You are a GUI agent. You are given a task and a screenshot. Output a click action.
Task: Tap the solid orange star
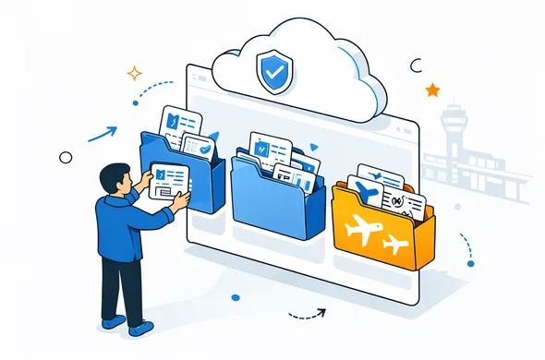tap(431, 90)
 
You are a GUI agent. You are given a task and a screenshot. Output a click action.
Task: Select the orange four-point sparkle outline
tap(135, 73)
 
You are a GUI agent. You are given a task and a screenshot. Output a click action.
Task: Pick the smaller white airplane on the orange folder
tap(395, 245)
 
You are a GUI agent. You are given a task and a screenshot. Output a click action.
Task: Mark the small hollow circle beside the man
tap(65, 158)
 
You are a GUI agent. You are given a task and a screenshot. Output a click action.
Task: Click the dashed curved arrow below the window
tap(308, 315)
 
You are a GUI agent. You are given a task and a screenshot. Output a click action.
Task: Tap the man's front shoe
tap(139, 328)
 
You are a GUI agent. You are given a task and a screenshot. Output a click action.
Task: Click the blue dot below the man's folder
tap(235, 297)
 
